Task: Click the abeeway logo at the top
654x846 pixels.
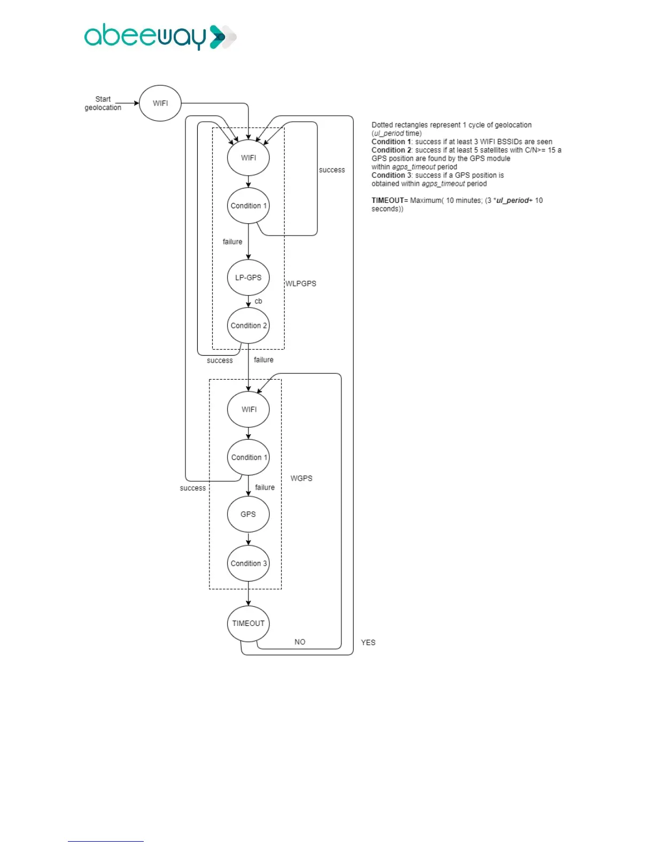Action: click(160, 37)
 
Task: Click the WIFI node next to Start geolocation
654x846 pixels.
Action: click(160, 103)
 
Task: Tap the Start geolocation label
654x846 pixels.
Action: click(103, 103)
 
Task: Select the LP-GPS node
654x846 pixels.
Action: click(248, 278)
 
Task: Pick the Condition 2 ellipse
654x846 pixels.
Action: click(248, 325)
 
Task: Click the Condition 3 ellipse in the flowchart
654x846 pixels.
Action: click(248, 563)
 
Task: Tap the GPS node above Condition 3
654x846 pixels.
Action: click(248, 514)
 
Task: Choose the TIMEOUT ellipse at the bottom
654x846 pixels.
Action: click(248, 623)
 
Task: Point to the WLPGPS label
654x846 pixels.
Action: click(301, 284)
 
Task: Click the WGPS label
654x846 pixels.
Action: click(301, 479)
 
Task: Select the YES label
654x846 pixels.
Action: click(368, 643)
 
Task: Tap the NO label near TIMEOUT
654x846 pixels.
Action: click(300, 642)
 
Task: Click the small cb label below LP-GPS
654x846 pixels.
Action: click(259, 301)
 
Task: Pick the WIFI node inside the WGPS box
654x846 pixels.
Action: click(248, 410)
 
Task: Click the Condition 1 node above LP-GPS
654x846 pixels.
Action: click(248, 206)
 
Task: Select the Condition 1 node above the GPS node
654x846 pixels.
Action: click(248, 457)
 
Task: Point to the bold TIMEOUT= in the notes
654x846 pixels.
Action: click(390, 200)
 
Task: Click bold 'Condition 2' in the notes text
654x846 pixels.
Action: click(391, 150)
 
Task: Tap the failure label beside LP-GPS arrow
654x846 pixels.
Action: click(232, 242)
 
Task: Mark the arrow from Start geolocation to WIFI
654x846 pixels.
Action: click(127, 103)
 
